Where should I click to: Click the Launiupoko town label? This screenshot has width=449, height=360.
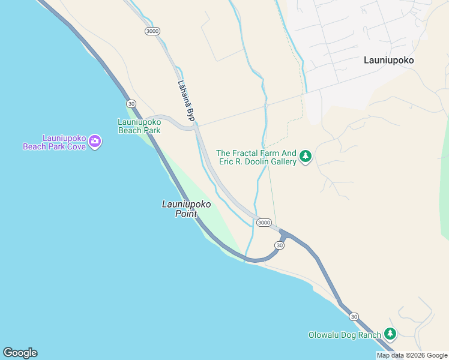pos(389,60)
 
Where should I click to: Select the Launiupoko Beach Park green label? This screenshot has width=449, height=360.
pos(139,126)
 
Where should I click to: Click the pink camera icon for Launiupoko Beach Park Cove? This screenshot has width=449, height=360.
pos(95,142)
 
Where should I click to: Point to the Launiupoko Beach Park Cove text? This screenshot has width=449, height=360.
pos(54,142)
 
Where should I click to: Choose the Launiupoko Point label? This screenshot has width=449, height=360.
pos(186,209)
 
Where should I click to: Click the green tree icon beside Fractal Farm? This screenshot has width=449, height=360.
pos(306,157)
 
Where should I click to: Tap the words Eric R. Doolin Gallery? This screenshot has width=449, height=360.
pos(258,161)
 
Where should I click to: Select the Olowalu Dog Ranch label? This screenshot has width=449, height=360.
pos(345,335)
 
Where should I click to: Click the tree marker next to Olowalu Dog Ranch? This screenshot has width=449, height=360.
pos(390,333)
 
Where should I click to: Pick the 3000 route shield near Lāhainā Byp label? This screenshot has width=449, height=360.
pos(152,31)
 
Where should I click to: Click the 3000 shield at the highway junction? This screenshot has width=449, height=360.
pos(264,223)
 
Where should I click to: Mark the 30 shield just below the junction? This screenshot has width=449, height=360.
pos(280,245)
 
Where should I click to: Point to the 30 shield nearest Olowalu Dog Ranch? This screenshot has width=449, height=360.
pos(354,317)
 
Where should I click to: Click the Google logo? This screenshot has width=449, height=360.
pos(20,353)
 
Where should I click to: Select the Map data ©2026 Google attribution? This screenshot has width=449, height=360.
pos(412,355)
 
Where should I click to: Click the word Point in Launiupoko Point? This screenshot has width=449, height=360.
pos(186,214)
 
